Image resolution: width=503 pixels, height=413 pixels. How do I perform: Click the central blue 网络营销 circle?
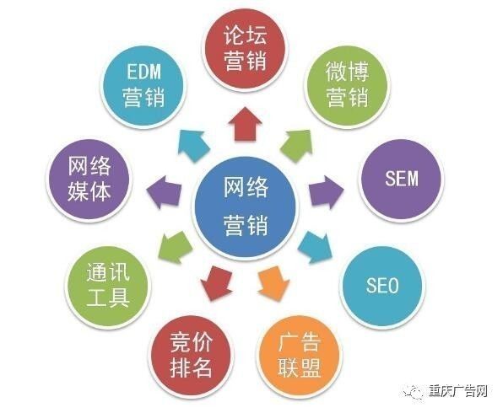[245, 206]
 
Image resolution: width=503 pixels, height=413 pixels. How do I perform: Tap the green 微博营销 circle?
[347, 85]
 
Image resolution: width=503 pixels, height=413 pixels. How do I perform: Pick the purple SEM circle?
[402, 179]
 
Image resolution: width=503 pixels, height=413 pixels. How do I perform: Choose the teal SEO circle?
[382, 285]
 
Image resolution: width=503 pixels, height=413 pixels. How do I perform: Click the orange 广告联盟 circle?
[299, 355]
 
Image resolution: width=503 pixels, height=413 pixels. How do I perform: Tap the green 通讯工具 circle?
[108, 285]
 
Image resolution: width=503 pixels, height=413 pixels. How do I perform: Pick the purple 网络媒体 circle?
[89, 179]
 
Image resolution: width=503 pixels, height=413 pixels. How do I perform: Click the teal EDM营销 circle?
[143, 85]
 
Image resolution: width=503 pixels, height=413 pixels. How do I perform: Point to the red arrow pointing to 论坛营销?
[245, 124]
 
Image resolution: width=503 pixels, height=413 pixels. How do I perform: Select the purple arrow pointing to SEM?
[327, 192]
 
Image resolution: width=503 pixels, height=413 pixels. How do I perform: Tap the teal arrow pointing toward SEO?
[316, 247]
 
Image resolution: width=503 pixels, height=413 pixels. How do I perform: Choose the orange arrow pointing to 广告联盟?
[273, 283]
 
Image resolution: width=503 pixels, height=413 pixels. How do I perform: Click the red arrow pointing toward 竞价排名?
[217, 283]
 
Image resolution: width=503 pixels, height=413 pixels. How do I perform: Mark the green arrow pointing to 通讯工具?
[176, 247]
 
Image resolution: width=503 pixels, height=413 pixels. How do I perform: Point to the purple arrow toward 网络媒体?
[164, 192]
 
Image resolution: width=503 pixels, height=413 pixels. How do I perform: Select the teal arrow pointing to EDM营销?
[193, 145]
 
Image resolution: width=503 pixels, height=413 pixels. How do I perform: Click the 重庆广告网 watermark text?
[458, 391]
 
